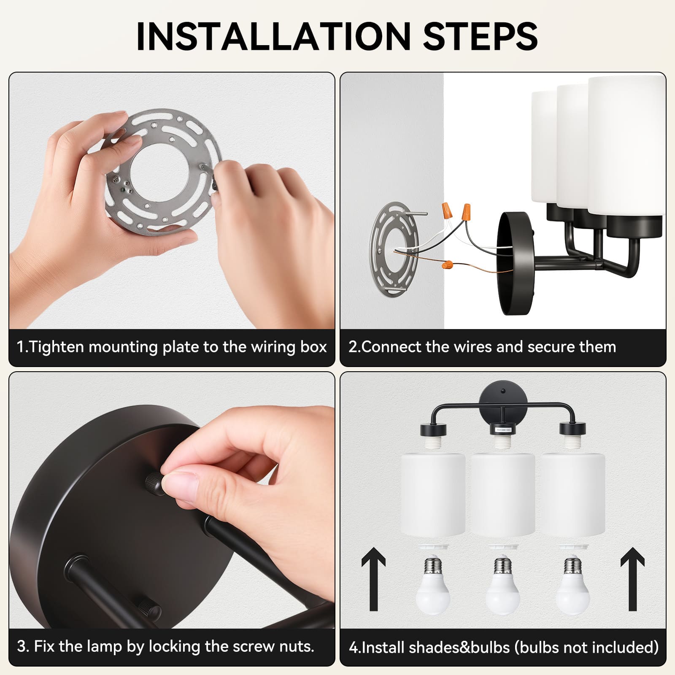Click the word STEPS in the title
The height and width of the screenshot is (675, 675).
pos(480,36)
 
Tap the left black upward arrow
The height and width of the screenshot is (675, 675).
pos(373,579)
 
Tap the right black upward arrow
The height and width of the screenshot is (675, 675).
pos(632,579)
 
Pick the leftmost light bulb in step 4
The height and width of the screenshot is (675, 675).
pos(432,586)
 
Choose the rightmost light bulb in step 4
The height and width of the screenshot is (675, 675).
pos(572,586)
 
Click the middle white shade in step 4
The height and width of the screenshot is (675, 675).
pos(502,494)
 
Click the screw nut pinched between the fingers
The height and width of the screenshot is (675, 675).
pos(155,483)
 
